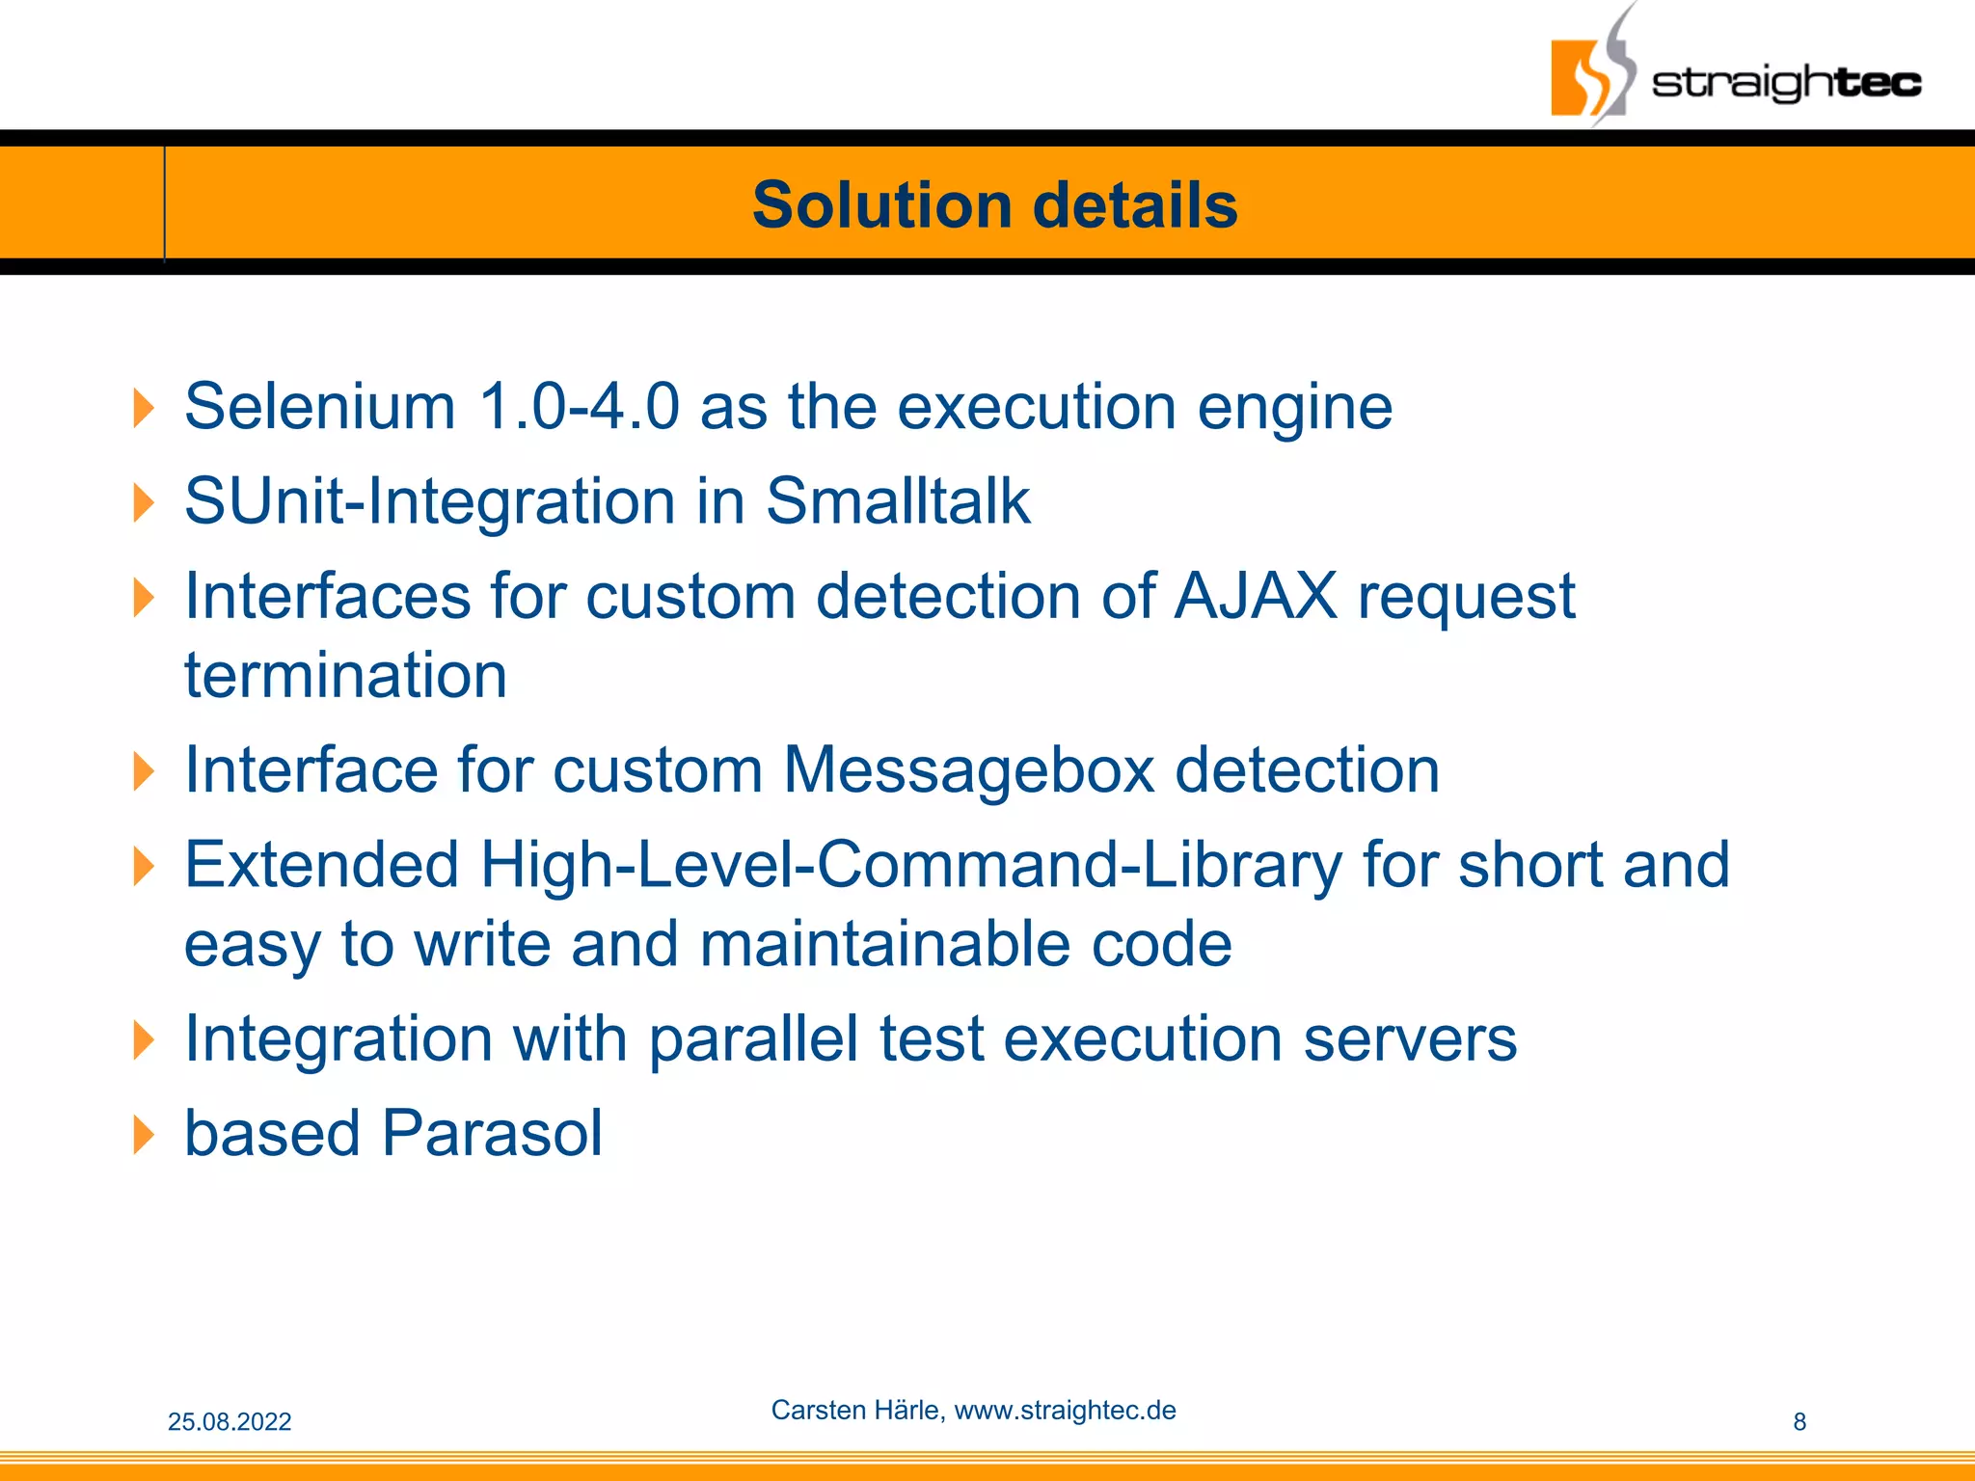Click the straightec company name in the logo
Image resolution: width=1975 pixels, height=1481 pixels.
click(x=1786, y=82)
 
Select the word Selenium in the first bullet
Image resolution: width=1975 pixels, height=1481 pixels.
click(x=319, y=406)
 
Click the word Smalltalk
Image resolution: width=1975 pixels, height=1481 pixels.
click(x=898, y=501)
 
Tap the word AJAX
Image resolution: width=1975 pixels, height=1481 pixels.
click(x=1256, y=596)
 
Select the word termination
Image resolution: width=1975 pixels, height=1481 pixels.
click(x=345, y=675)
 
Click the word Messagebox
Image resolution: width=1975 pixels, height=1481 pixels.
click(x=968, y=769)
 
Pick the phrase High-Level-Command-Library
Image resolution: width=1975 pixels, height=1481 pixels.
click(x=910, y=865)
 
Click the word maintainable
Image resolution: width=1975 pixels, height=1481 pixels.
click(x=884, y=943)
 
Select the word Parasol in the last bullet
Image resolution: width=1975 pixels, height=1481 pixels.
click(x=492, y=1133)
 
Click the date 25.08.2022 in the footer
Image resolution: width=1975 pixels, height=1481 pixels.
click(x=230, y=1422)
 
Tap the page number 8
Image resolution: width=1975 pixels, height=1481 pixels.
click(x=1799, y=1422)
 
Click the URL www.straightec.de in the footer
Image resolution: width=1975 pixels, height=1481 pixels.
click(x=1065, y=1411)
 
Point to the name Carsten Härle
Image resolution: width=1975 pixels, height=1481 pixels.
click(x=856, y=1411)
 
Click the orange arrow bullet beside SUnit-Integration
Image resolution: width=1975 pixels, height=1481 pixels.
click(x=143, y=503)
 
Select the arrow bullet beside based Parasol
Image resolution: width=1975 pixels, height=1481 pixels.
click(x=143, y=1135)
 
